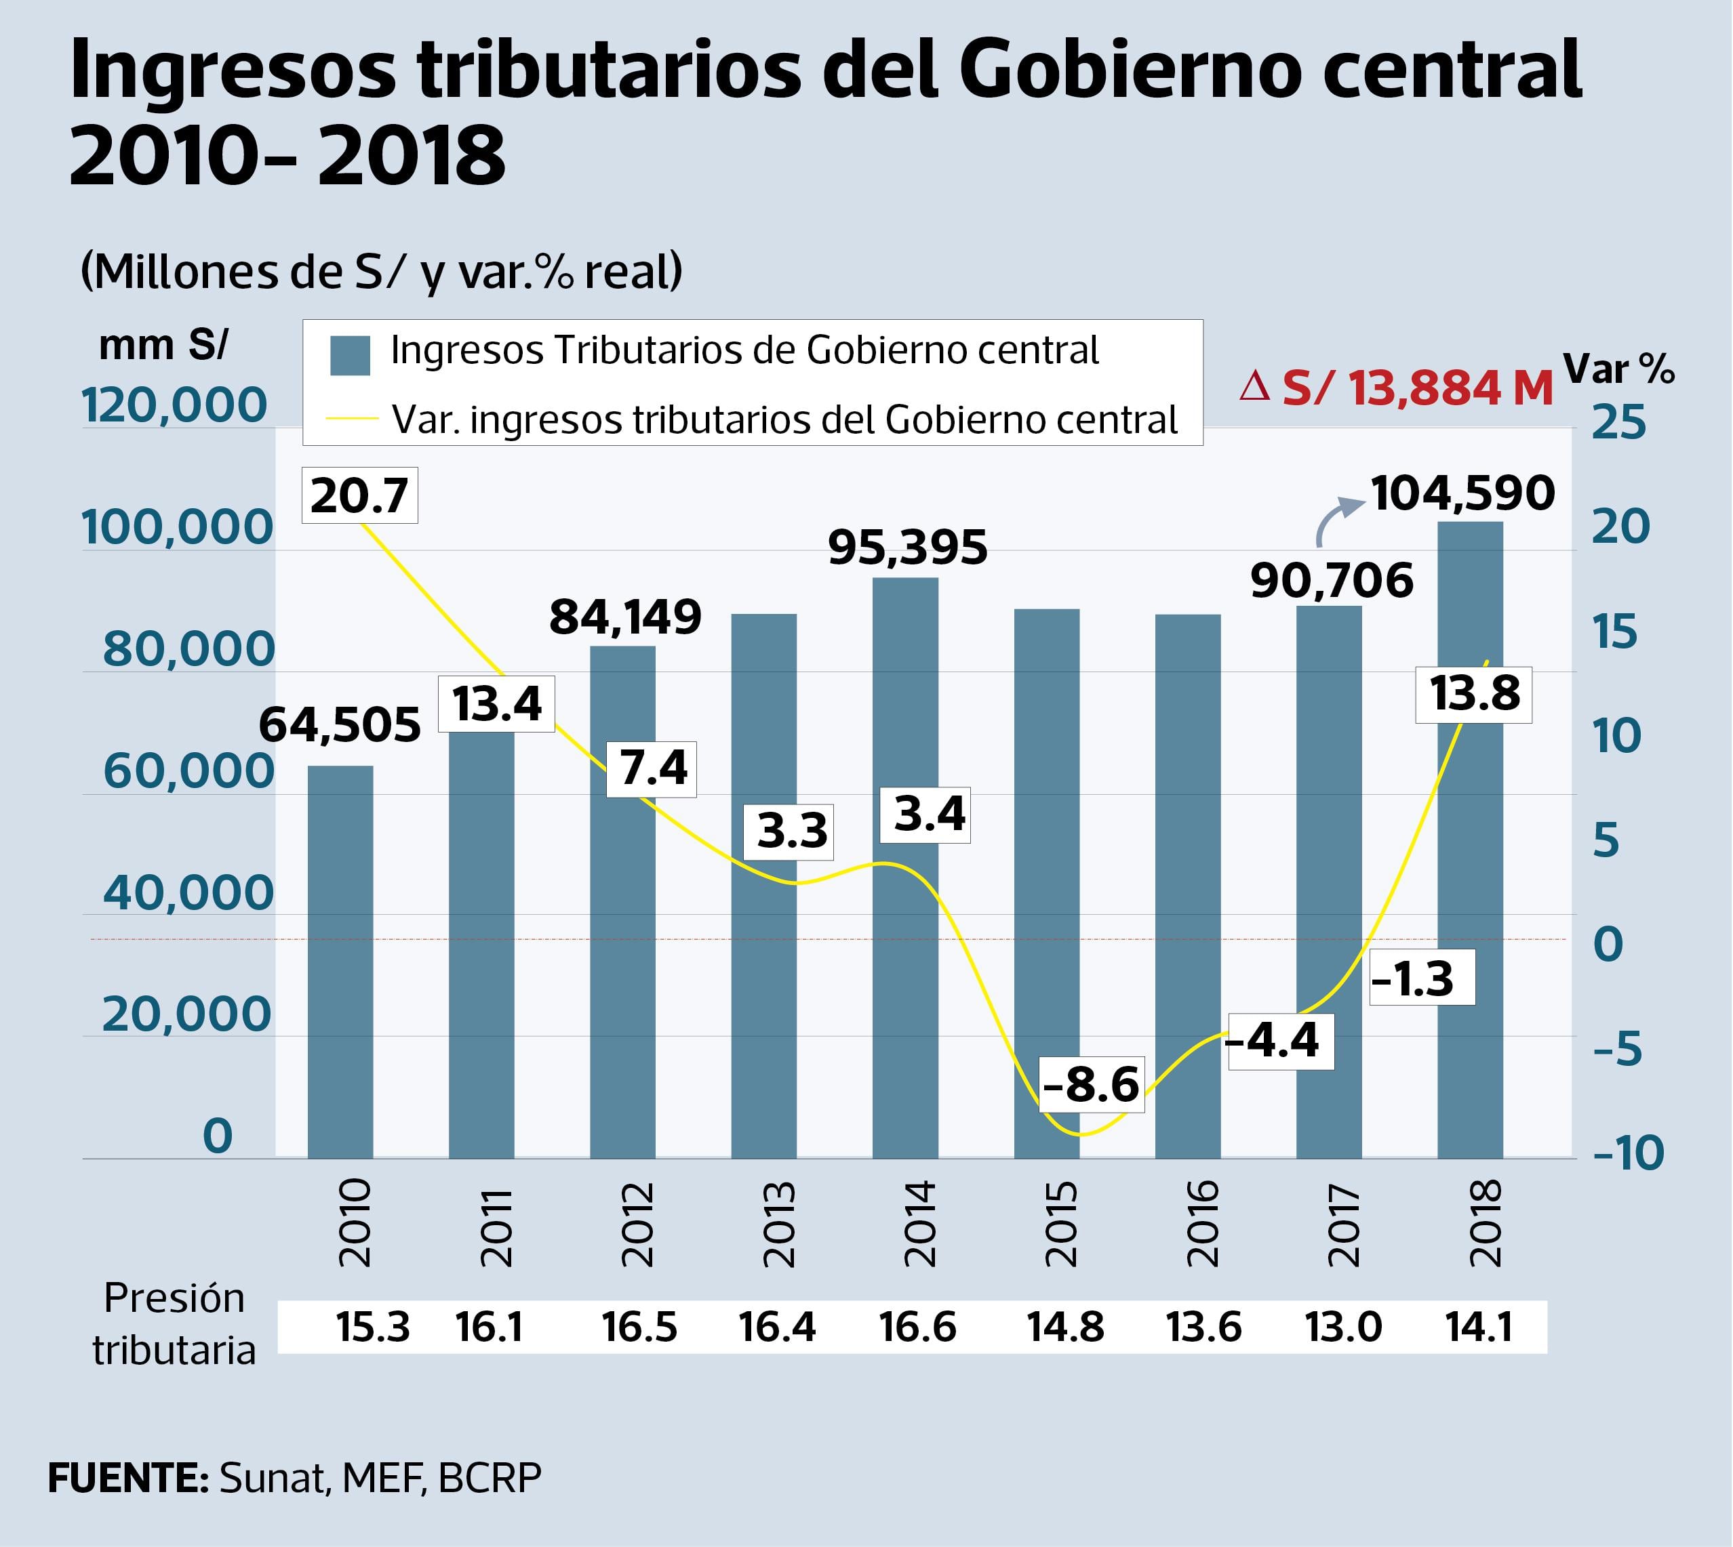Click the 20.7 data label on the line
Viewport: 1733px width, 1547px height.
(360, 495)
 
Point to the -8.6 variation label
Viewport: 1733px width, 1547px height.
(1091, 1086)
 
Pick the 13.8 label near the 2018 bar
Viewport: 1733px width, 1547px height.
(1473, 694)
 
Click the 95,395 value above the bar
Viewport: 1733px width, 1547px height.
(907, 548)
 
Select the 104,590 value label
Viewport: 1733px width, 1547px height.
(1462, 493)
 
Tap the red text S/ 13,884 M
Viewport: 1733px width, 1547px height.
(1396, 388)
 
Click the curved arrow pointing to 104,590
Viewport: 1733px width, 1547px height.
(1337, 518)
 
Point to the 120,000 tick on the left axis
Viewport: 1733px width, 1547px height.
(174, 405)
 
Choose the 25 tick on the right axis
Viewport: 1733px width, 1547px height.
(1619, 422)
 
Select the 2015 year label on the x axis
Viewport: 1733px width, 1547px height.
(1061, 1224)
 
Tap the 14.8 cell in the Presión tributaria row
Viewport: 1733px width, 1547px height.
(1065, 1327)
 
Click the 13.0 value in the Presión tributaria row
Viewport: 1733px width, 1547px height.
(1344, 1327)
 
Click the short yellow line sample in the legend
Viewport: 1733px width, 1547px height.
(351, 417)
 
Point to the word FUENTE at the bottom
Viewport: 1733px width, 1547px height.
(128, 1478)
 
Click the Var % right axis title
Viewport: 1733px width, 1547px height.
(1619, 369)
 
